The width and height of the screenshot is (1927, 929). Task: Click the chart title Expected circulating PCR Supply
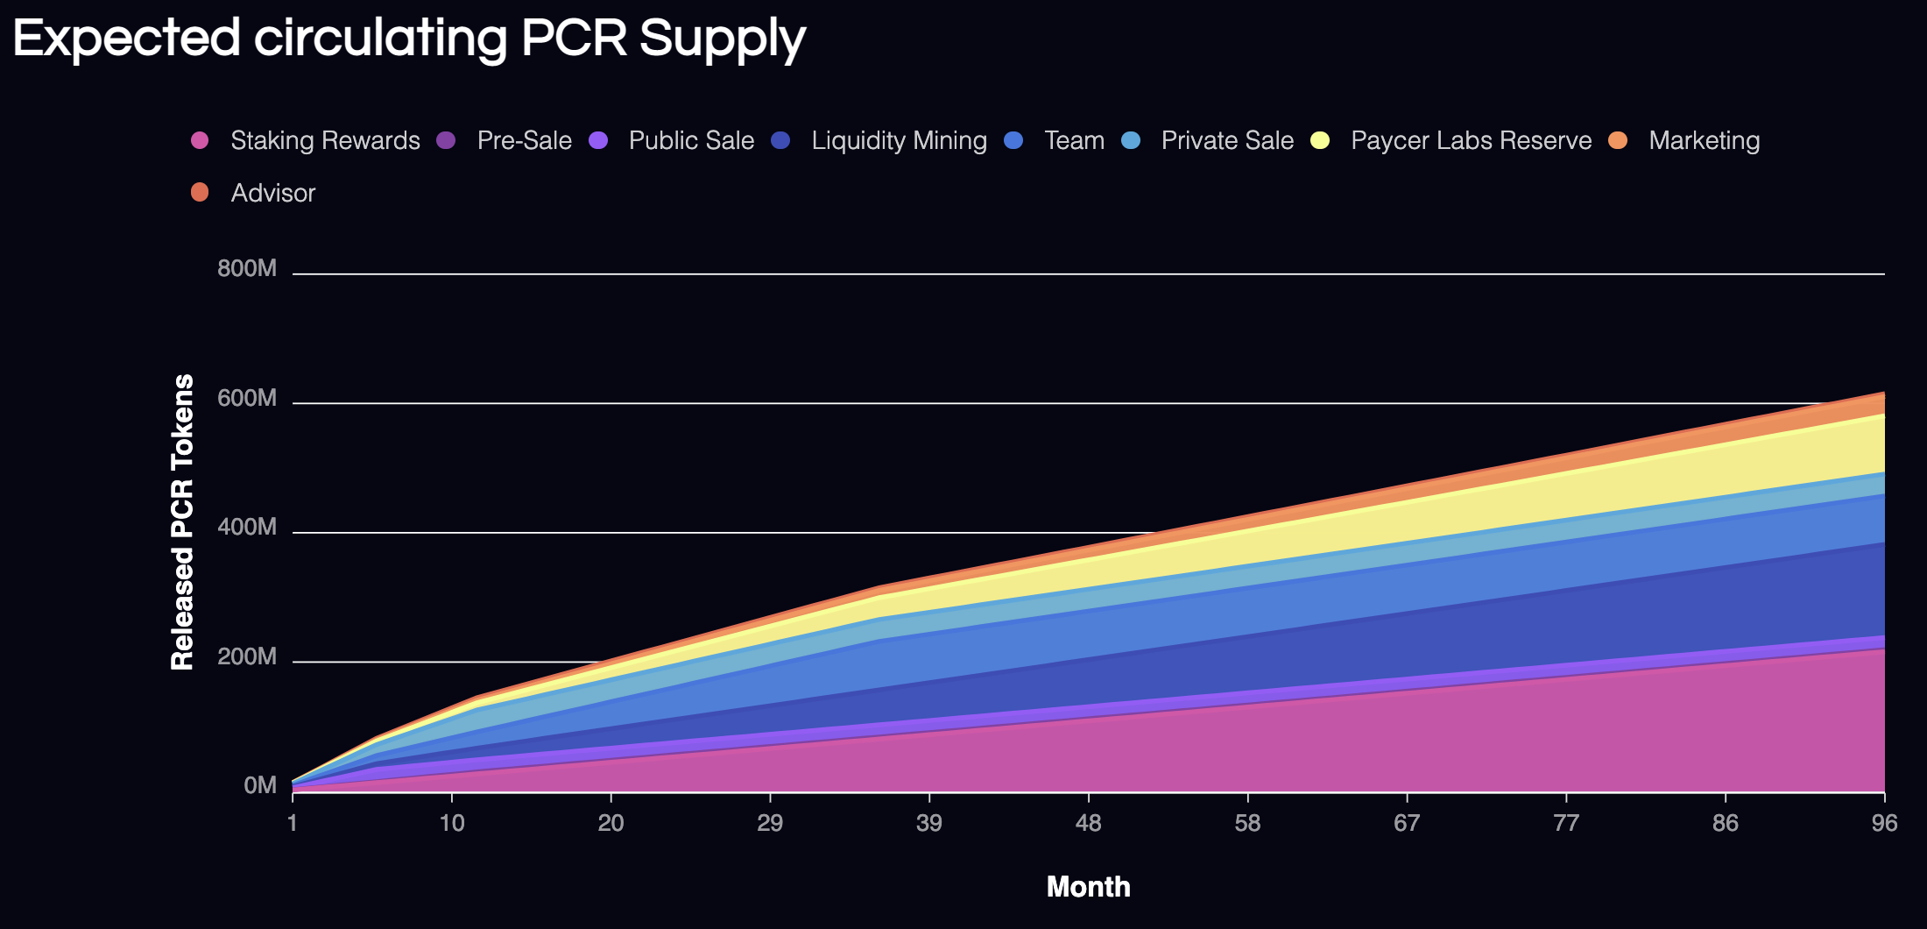[409, 39]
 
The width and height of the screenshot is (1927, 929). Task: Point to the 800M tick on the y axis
[247, 268]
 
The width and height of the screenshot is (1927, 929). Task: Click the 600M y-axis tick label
[247, 398]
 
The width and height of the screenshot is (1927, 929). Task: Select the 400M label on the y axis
[247, 527]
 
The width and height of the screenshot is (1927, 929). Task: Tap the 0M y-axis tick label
[260, 785]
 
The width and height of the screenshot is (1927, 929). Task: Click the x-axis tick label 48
[1088, 823]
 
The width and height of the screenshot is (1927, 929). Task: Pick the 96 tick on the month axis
[1884, 823]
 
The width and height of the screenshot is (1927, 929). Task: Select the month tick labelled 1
[293, 823]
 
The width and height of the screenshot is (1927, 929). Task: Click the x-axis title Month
[1088, 887]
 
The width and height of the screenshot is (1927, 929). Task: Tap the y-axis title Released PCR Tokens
[182, 522]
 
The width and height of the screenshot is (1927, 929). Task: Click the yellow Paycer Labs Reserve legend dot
[1320, 140]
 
